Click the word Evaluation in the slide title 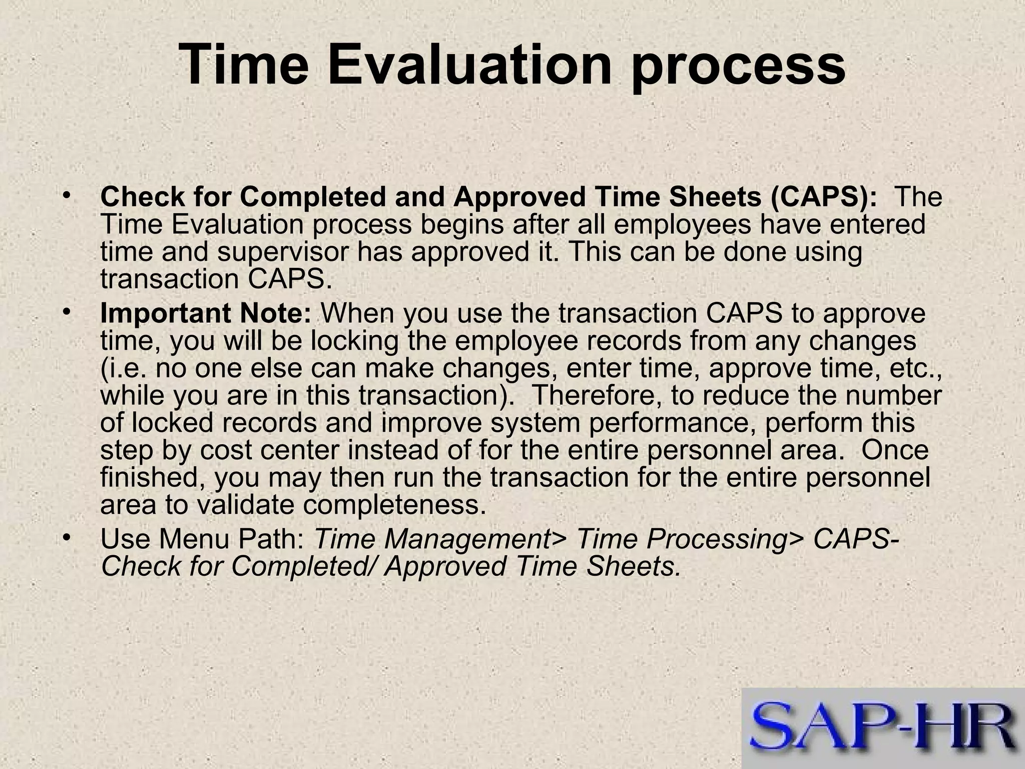[x=469, y=65]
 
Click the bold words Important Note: [x=206, y=314]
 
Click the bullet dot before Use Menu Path [x=66, y=538]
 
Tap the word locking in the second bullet [x=354, y=341]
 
